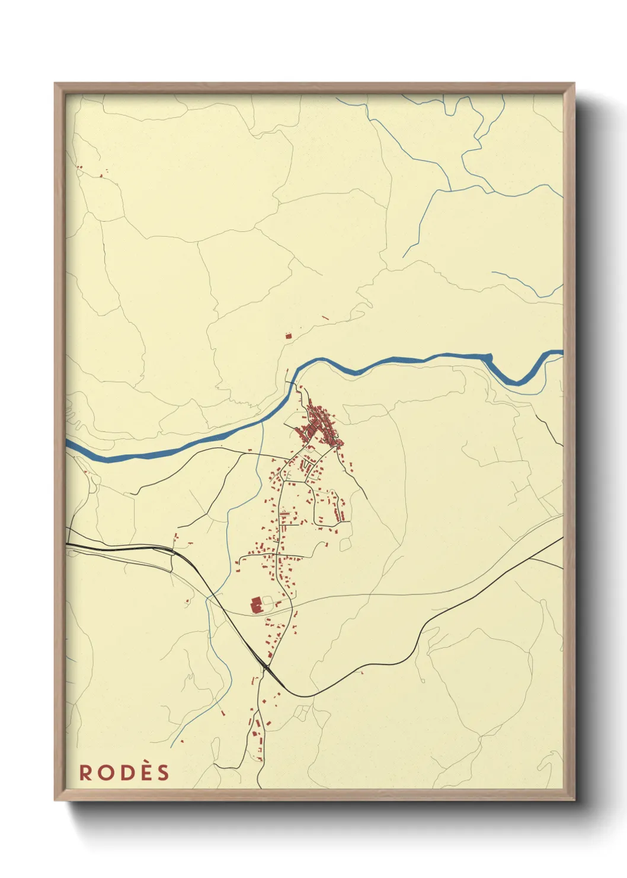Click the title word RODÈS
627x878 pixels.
(x=124, y=772)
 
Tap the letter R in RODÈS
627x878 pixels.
(x=85, y=772)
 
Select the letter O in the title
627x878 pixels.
(x=104, y=772)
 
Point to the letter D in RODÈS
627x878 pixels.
(x=124, y=772)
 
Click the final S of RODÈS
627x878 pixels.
(x=163, y=772)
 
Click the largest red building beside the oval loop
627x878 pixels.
(x=257, y=606)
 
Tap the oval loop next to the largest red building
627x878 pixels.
(x=267, y=603)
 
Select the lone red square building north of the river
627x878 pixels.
(x=289, y=336)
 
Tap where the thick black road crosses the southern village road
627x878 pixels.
(x=265, y=666)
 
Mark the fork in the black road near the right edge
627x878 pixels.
(x=529, y=558)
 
